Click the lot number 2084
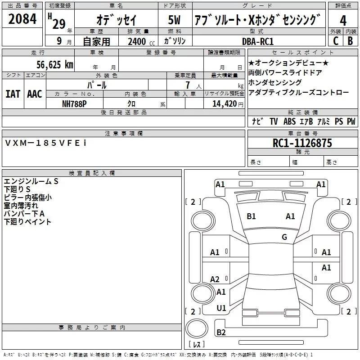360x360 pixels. [x=22, y=19]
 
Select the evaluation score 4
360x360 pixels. [x=343, y=20]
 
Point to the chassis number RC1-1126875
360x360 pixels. [x=302, y=143]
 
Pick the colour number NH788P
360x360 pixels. [x=74, y=103]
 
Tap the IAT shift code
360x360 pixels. [x=13, y=94]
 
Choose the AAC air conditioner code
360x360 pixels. [x=35, y=94]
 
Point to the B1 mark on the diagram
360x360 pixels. [x=251, y=216]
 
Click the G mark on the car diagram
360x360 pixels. [x=284, y=237]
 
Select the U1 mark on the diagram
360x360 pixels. [x=221, y=308]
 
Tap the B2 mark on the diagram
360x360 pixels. [x=221, y=333]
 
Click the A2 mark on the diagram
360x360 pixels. [x=215, y=279]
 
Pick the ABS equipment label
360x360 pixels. [x=289, y=121]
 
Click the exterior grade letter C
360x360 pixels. [x=335, y=41]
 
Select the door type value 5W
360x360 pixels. [x=175, y=20]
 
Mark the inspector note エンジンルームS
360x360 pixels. [x=31, y=181]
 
